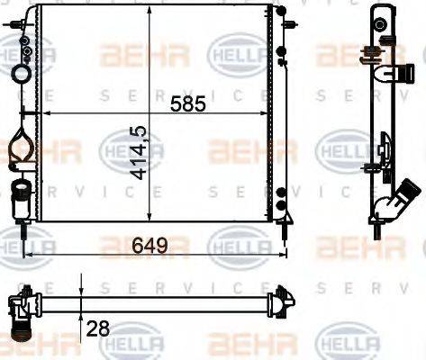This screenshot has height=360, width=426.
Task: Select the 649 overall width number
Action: point(152,243)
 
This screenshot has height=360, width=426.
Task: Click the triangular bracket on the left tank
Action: point(20,143)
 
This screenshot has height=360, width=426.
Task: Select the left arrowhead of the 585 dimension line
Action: point(46,114)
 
